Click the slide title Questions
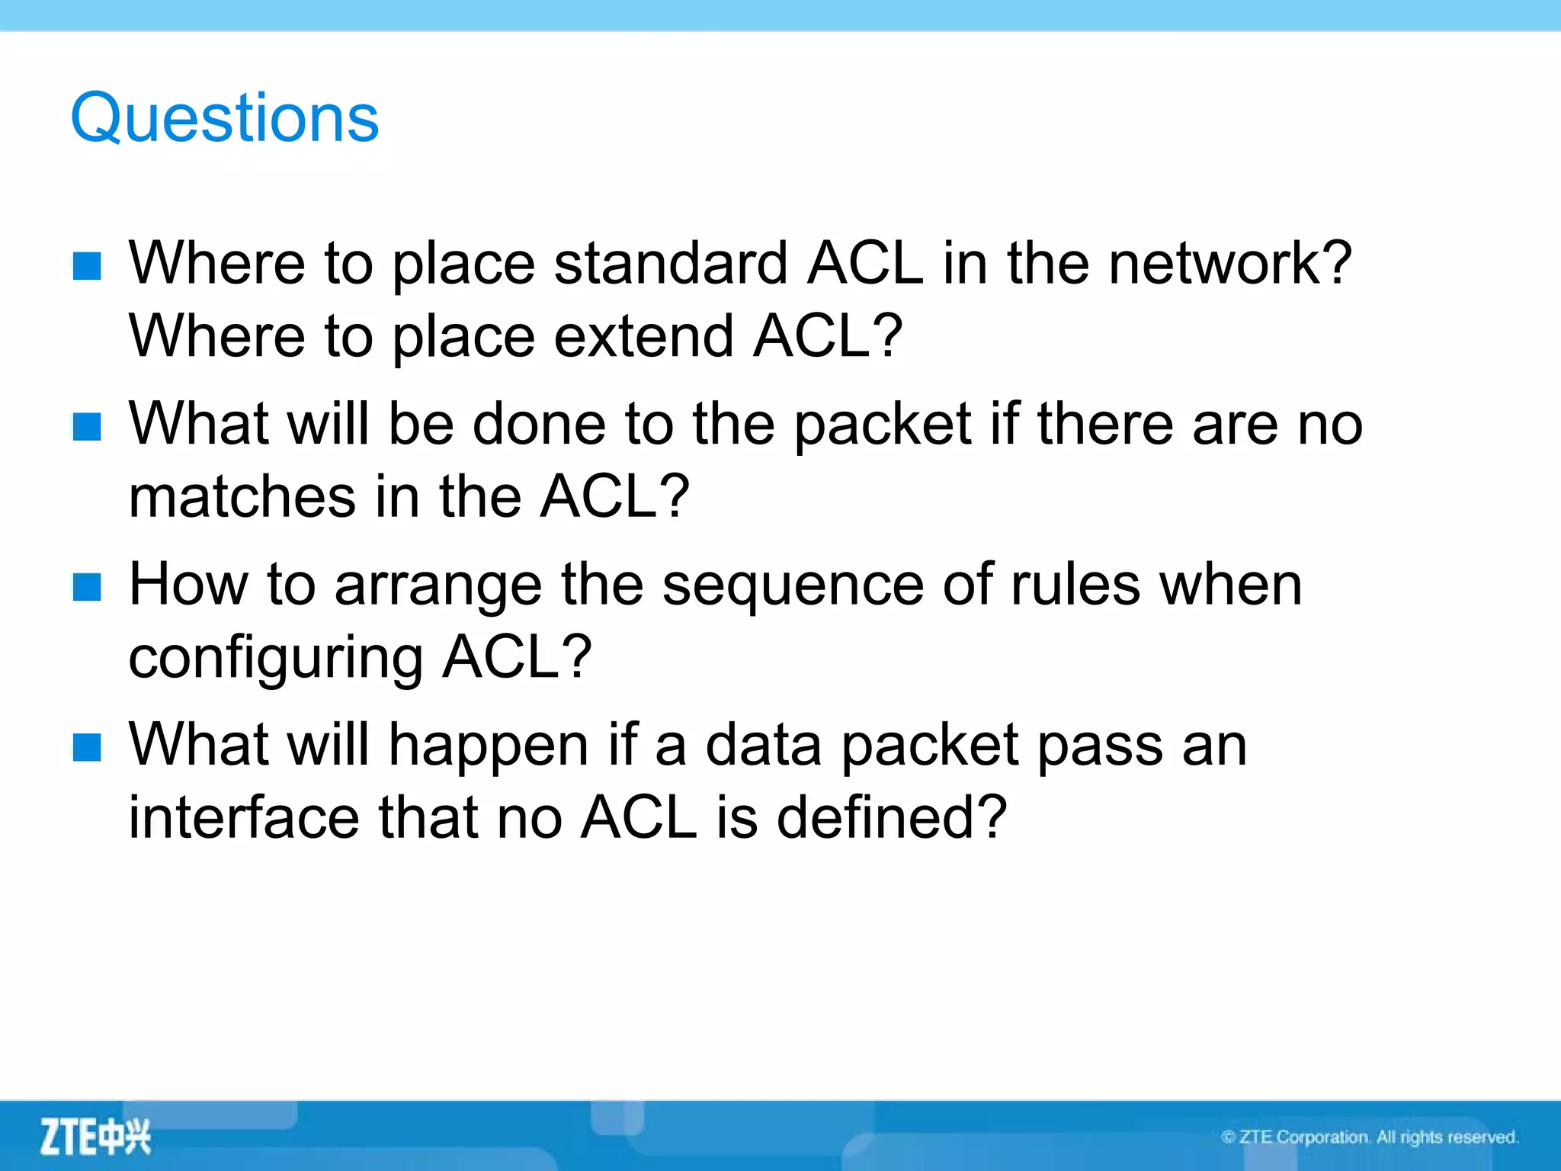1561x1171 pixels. tap(224, 118)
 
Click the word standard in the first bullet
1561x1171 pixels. tap(671, 264)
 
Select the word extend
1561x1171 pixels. tap(643, 336)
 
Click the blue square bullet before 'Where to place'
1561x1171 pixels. tap(87, 266)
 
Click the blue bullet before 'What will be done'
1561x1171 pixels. tap(87, 426)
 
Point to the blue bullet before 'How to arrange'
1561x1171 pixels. tap(87, 587)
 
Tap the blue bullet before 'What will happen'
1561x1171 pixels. tap(87, 747)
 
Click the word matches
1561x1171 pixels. tap(242, 497)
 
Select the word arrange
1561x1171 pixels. tap(438, 585)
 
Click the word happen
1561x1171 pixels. tap(488, 746)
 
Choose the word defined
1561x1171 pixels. tap(890, 817)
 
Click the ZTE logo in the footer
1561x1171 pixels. tap(95, 1137)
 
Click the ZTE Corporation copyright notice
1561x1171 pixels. tap(1369, 1137)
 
